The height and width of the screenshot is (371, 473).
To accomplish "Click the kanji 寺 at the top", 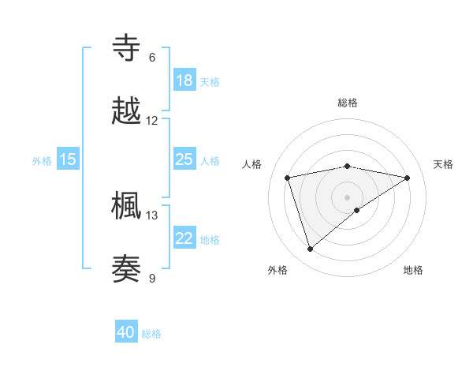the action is coord(127,47).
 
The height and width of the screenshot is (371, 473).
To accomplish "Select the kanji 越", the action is coord(127,111).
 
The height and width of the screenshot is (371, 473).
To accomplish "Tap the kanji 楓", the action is coord(127,205).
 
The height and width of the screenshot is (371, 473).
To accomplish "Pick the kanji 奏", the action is coord(127,269).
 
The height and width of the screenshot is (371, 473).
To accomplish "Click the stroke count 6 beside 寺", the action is coord(152,58).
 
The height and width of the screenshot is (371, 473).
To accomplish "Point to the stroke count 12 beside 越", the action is coord(152,121).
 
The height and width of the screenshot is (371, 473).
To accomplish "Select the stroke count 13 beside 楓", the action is coord(152,215).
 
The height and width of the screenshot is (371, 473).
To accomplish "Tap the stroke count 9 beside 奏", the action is coord(152,278).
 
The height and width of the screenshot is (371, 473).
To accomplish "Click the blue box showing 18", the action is coord(184,81).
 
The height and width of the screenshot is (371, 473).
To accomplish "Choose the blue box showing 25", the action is coord(184,159).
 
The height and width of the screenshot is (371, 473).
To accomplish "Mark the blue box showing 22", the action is coord(184,238).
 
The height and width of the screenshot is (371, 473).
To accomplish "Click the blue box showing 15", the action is coord(68,159).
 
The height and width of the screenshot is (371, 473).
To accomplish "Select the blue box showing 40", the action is coord(126,332).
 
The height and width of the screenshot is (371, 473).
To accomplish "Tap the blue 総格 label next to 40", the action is coord(151,334).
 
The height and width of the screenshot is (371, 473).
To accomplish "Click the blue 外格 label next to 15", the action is coord(42,160).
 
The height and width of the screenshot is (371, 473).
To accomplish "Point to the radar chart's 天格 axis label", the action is coord(443,164).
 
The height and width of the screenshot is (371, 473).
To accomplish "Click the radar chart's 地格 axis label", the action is coord(413,270).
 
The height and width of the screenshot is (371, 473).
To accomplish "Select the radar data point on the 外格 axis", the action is coord(310,249).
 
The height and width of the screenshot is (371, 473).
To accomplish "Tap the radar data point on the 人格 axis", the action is coord(287,177).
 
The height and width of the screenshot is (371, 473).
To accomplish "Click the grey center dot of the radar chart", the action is coord(347,197).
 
